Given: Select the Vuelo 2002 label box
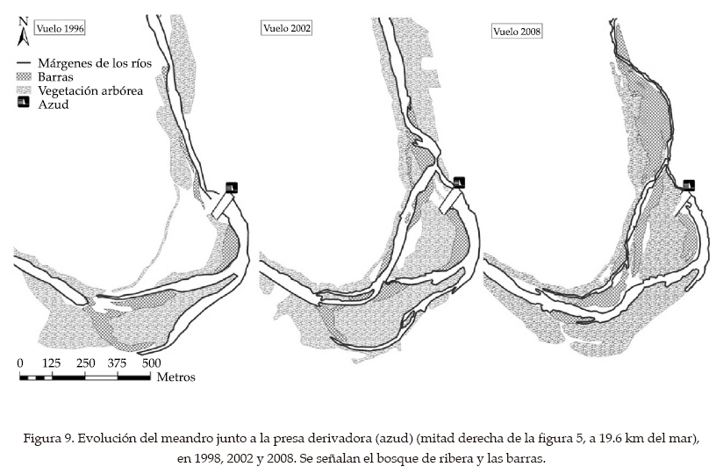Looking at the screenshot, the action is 287,27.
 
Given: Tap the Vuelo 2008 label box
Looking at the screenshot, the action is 517,32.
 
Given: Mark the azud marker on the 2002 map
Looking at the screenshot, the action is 459,183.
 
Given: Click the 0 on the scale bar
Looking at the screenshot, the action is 21,363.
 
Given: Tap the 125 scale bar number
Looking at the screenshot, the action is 53,363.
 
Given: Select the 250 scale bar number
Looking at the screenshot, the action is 85,363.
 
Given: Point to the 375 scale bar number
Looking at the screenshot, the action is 118,363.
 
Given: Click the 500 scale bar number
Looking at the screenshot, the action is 150,363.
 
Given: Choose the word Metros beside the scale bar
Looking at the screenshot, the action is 176,377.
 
